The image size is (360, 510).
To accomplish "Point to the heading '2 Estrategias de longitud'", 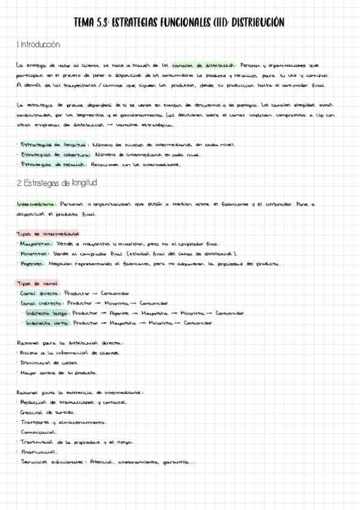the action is [x=58, y=183].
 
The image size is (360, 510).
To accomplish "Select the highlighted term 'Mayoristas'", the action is [x=35, y=244].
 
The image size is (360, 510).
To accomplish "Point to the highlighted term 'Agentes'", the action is [x=32, y=264].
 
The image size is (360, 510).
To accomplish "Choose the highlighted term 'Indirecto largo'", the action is [x=47, y=313].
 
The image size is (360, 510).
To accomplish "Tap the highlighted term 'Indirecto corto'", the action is [x=47, y=322].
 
